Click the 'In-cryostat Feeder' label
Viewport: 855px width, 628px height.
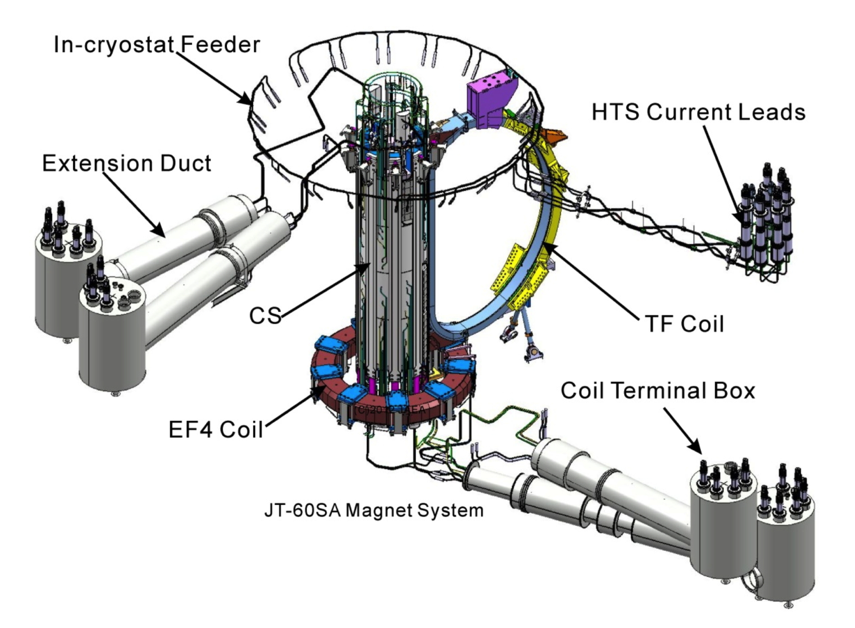(x=157, y=45)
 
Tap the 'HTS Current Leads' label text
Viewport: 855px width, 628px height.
(x=698, y=112)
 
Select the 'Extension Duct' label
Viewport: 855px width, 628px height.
(x=126, y=163)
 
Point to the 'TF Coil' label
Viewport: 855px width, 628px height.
(x=684, y=324)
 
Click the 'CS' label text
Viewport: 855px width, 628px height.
(x=265, y=316)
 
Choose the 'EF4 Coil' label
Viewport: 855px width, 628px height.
(x=216, y=430)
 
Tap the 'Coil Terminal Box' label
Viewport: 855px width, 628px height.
(x=657, y=391)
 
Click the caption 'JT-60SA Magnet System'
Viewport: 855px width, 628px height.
(x=374, y=511)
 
